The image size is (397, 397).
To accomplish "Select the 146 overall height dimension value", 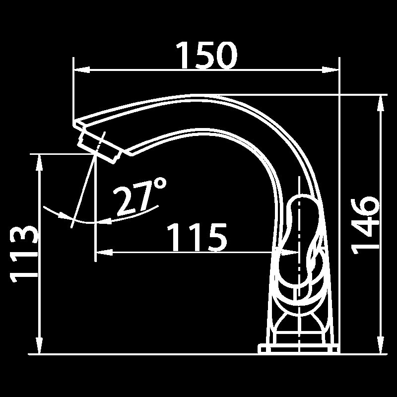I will click(x=366, y=224).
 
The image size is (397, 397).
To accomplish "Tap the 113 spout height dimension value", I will click(x=24, y=255).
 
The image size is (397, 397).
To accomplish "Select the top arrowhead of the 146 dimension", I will click(x=380, y=101).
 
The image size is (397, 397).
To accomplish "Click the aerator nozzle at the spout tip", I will click(x=99, y=146).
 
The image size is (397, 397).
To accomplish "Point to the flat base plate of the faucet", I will click(x=298, y=348).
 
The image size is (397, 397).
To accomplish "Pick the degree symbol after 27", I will click(x=160, y=185).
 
